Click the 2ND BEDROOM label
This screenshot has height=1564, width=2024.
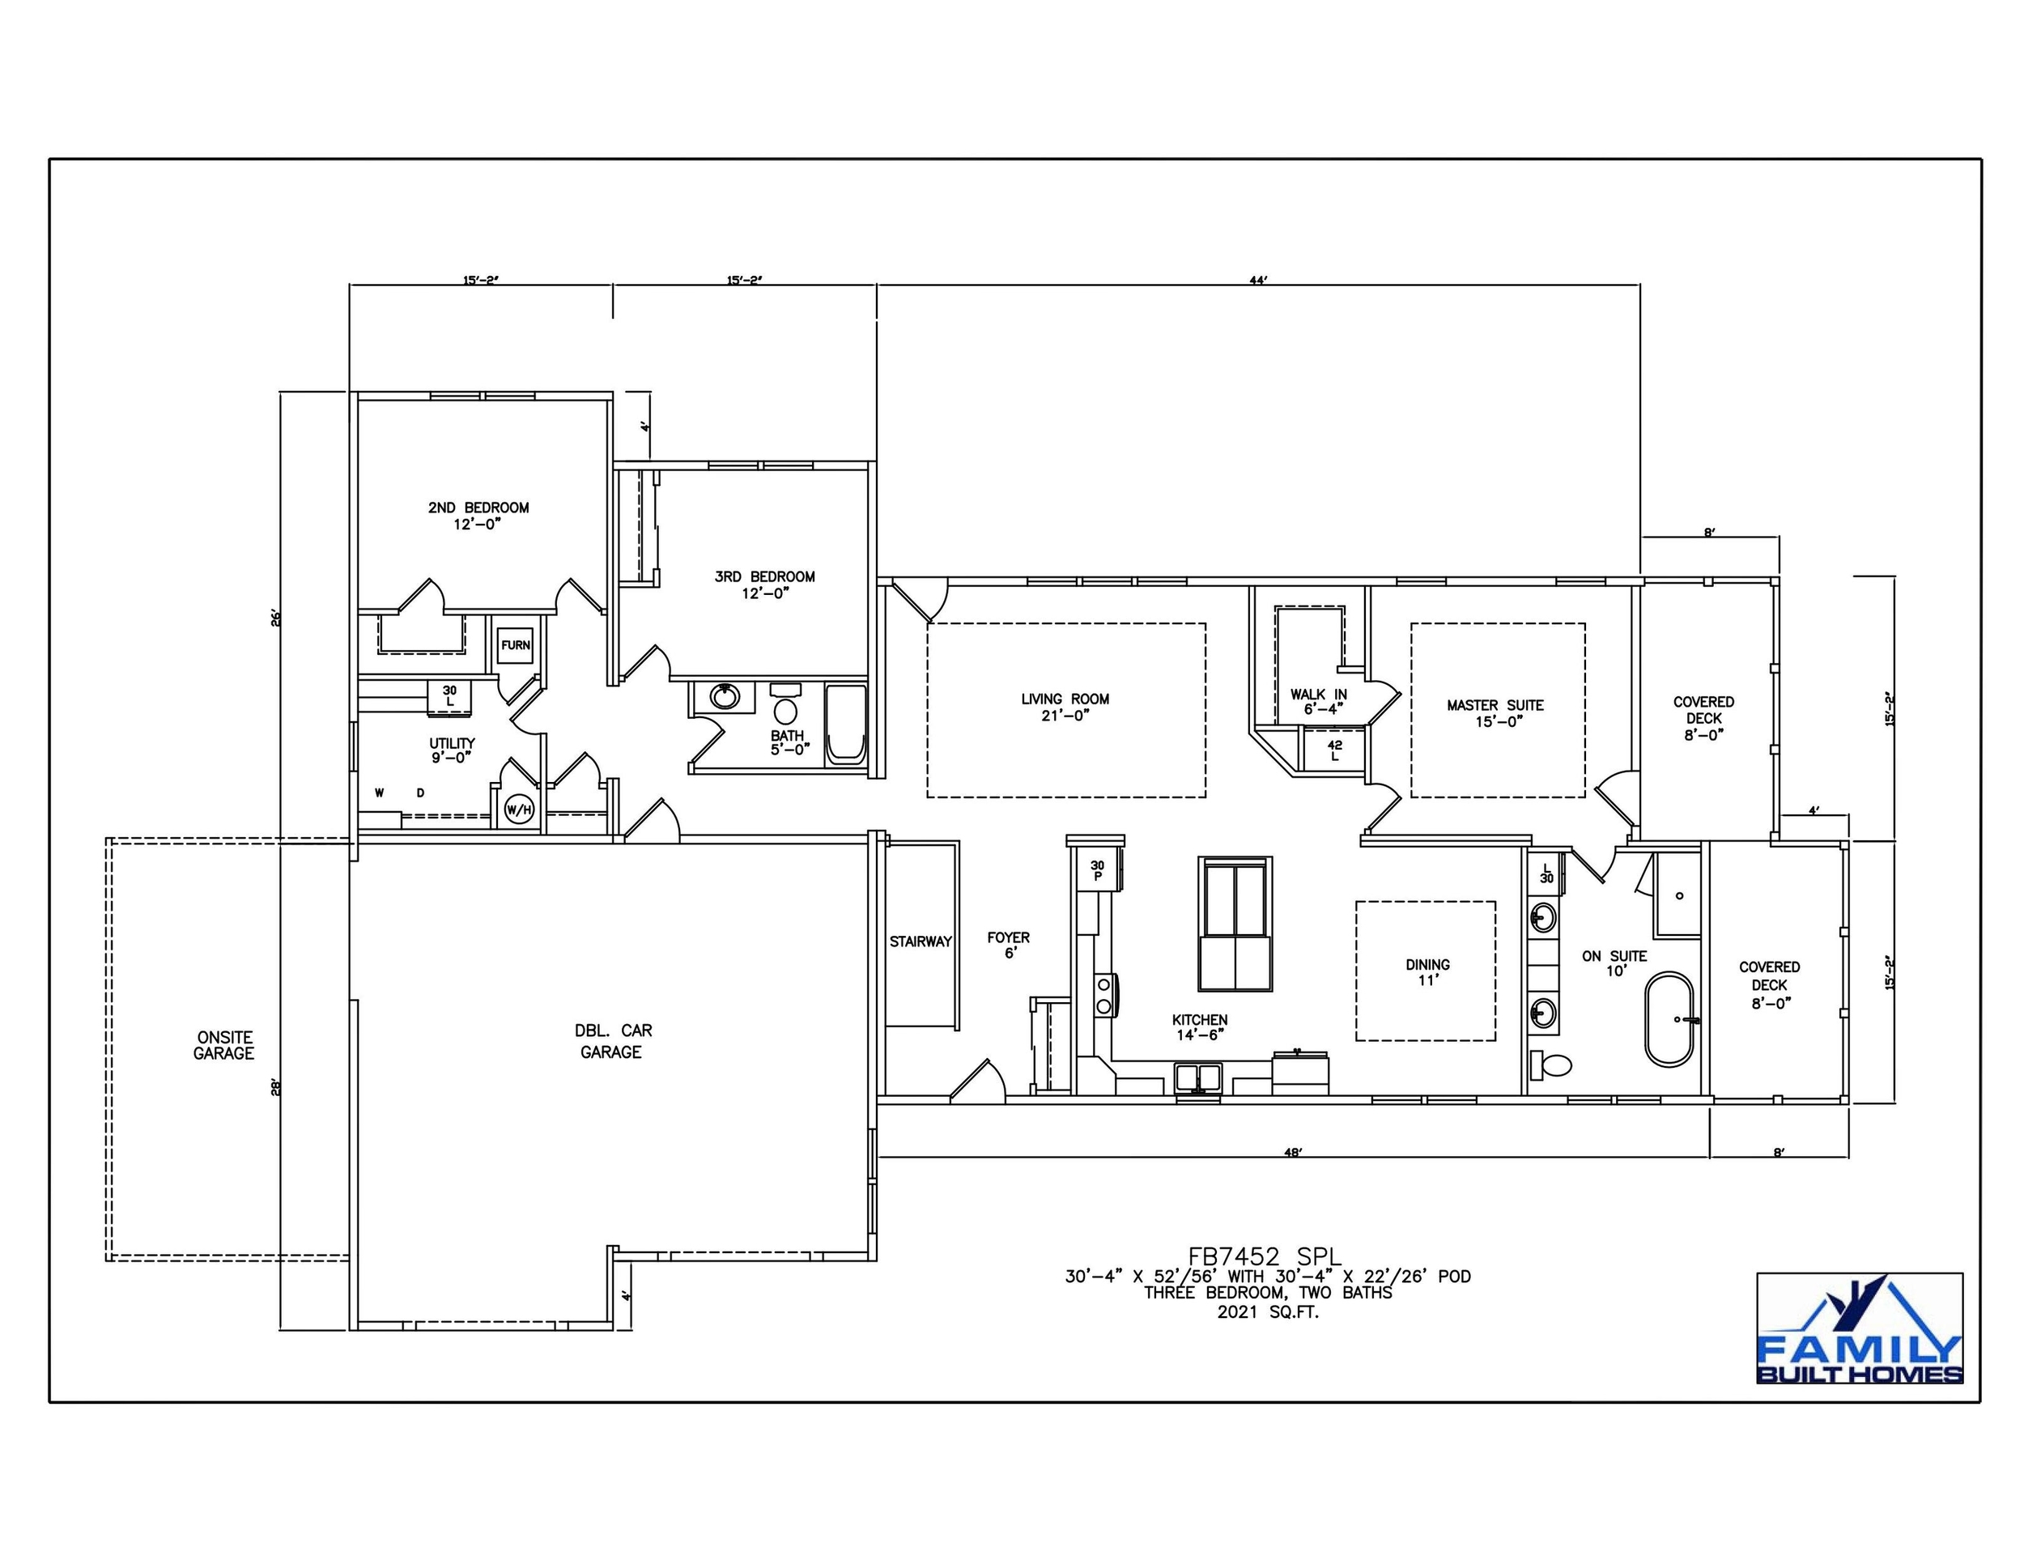(x=478, y=515)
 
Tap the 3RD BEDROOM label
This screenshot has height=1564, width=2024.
(x=764, y=584)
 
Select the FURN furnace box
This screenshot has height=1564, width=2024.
(x=515, y=645)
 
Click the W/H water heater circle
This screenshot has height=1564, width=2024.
(x=519, y=810)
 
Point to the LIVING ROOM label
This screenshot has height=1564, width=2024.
(x=1065, y=707)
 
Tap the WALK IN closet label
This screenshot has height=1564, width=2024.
(x=1318, y=701)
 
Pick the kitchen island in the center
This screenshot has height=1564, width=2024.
(x=1235, y=924)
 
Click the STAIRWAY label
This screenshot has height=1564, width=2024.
(x=921, y=941)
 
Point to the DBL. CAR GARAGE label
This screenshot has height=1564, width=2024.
(x=611, y=1040)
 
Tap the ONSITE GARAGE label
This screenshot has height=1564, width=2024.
(x=223, y=1045)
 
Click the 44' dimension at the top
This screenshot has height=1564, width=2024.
(x=1257, y=280)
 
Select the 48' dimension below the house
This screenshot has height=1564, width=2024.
(x=1294, y=1153)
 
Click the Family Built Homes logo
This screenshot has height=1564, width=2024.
(x=1859, y=1328)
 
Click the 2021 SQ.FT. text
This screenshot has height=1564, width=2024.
(x=1267, y=1312)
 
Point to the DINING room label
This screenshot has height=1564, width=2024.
(x=1427, y=972)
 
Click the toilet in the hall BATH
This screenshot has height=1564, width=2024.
(x=785, y=712)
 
